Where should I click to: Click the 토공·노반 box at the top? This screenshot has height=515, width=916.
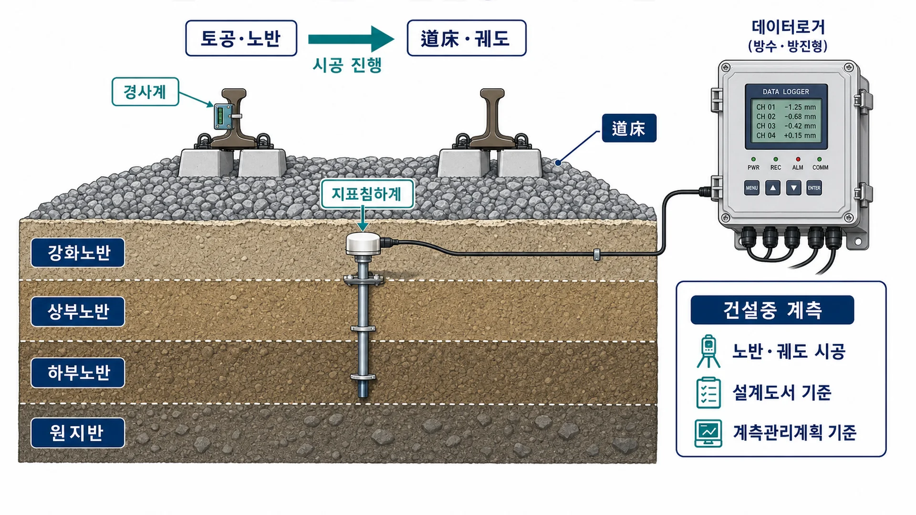pos(241,38)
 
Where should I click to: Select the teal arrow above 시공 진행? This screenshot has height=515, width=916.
pos(351,39)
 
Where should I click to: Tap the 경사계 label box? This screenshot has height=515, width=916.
pos(145,92)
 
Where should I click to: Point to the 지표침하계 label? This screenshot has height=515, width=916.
pos(367,194)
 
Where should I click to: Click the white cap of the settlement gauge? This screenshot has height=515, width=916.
pos(363,244)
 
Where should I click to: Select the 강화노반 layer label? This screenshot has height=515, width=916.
pos(78,252)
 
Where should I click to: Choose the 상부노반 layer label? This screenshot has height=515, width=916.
pos(78,311)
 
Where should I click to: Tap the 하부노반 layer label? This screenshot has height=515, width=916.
pos(78,372)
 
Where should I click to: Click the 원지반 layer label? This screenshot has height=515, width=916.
pos(78,433)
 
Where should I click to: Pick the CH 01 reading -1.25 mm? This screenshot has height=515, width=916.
pos(800,107)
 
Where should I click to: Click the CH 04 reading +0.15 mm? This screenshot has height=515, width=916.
pos(800,136)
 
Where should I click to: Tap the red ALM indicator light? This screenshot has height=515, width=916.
pos(798,159)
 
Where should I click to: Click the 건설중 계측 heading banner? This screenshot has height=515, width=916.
pos(772,310)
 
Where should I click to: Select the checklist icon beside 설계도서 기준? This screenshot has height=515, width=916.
pos(708,393)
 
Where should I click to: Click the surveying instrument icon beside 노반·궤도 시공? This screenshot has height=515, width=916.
pos(708,351)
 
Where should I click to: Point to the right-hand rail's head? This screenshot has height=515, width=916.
pos(492,94)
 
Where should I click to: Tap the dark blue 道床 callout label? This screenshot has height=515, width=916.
pos(629,128)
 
